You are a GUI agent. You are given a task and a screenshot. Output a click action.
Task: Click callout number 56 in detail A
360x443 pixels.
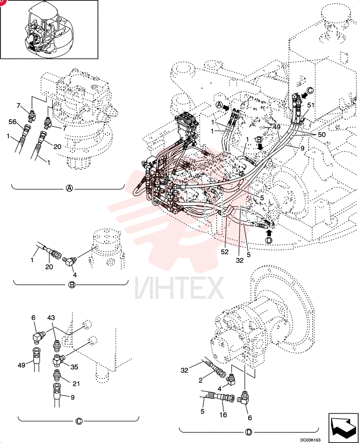click(12, 122)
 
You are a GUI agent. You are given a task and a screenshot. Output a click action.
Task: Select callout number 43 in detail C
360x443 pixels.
click(51, 318)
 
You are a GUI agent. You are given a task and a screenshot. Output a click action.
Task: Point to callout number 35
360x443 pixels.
click(74, 367)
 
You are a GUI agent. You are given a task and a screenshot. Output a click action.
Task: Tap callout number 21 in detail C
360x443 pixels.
click(76, 384)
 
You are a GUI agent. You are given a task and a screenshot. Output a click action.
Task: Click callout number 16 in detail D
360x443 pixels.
click(223, 415)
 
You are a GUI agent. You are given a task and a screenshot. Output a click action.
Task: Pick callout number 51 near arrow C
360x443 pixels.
click(311, 105)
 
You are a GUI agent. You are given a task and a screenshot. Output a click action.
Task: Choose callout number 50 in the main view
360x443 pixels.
click(322, 135)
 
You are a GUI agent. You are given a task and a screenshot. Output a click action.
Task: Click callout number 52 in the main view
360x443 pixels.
click(224, 252)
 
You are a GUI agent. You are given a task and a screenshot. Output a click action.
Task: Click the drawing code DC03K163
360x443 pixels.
click(310, 440)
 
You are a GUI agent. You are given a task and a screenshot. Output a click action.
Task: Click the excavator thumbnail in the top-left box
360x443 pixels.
click(49, 29)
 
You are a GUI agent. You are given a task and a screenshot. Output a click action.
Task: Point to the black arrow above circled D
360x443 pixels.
click(269, 233)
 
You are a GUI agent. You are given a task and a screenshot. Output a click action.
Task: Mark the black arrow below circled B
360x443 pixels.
click(260, 146)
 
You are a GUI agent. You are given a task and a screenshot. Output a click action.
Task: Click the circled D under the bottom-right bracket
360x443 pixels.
click(249, 432)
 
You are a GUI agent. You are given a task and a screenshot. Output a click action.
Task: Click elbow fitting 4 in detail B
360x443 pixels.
click(69, 260)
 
